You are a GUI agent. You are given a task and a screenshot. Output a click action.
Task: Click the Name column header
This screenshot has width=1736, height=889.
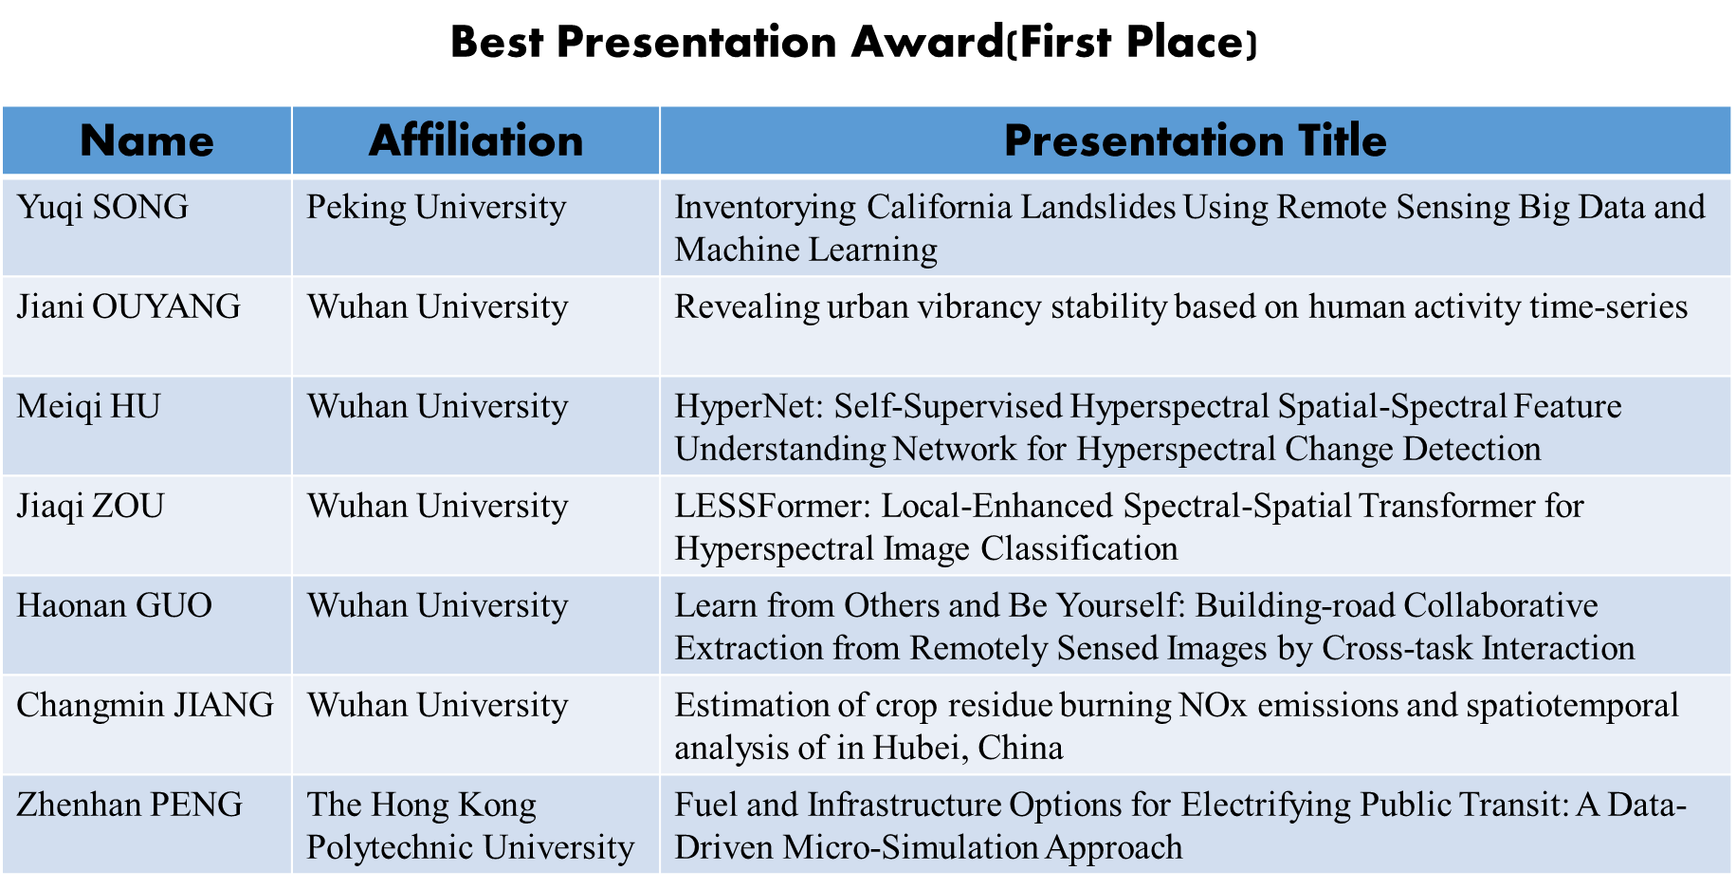tap(147, 141)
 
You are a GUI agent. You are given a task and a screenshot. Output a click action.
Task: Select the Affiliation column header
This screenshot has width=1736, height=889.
tap(476, 141)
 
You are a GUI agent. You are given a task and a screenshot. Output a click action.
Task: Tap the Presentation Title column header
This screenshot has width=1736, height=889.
tap(1196, 140)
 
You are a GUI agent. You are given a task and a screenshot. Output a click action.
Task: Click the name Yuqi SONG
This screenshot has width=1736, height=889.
tap(103, 207)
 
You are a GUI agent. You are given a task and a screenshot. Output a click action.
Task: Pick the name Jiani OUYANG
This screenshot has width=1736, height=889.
tap(129, 306)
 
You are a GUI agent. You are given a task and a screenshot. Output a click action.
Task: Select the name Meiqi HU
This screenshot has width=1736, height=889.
tap(89, 406)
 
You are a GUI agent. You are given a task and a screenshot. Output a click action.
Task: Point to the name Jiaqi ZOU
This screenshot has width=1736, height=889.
tap(91, 506)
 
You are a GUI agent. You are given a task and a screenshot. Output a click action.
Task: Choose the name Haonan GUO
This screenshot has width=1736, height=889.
tap(115, 605)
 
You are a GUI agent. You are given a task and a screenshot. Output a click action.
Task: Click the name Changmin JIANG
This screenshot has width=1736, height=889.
tap(146, 705)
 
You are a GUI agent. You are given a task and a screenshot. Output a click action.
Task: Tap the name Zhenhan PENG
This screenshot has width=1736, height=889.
tap(130, 805)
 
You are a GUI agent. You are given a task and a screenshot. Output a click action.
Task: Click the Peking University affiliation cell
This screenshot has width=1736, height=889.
tap(437, 207)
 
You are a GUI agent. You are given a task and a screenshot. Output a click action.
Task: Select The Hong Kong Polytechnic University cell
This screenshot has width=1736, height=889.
tap(470, 825)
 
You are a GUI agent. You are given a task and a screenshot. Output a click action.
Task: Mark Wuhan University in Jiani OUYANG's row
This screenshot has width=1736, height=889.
tap(438, 306)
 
